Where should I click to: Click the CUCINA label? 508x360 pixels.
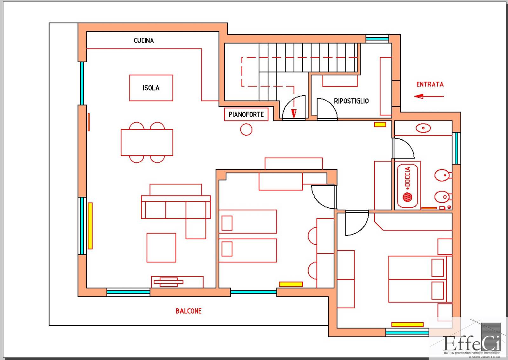coord(144,40)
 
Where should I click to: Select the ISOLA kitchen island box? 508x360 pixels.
coord(151,88)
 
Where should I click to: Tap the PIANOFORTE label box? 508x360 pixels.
coord(246,114)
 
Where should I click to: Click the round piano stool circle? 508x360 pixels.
coord(246,129)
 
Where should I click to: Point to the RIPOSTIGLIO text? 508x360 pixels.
coord(351,101)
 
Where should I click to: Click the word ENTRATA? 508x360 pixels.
coord(430,85)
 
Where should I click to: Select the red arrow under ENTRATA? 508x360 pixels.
coord(429,96)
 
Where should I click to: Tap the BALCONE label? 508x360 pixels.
coord(189,311)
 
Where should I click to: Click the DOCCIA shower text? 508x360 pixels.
coord(408,177)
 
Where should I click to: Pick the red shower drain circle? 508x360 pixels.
coord(407,197)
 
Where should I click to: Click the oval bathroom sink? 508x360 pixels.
coord(423,128)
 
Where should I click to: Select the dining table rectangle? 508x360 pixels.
coord(147,142)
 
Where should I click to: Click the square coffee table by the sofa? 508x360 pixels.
coord(161,248)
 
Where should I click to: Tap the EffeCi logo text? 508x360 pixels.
coord(472,343)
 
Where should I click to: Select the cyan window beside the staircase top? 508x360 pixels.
coord(377,39)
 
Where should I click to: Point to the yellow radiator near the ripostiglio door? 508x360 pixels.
coord(380,125)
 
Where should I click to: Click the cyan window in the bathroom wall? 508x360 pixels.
coord(456,148)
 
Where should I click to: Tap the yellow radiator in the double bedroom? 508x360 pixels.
coord(407,324)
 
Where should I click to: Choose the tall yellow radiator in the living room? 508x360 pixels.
coord(90,226)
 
